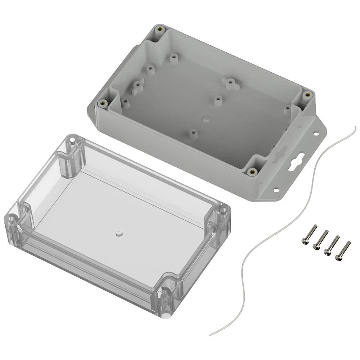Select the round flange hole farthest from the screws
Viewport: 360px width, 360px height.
click(315, 134)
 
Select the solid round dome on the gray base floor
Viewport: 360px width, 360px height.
click(206, 118)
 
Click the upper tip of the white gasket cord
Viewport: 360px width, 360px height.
click(354, 127)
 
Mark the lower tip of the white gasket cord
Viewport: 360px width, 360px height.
click(211, 334)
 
